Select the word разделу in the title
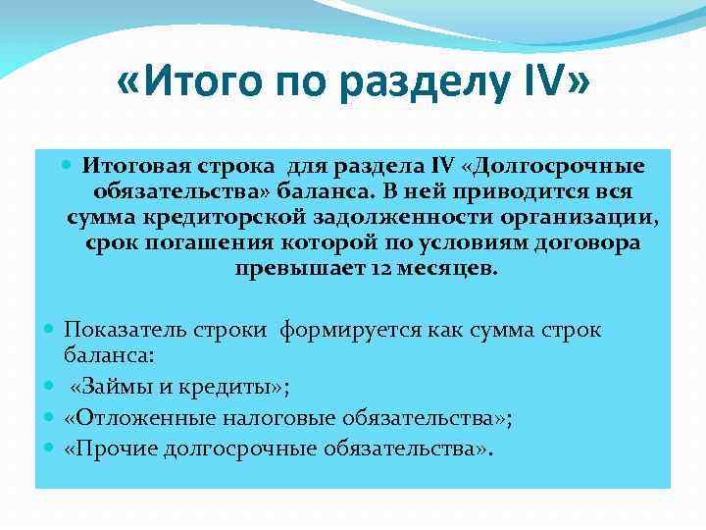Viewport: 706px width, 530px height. pyautogui.click(x=416, y=85)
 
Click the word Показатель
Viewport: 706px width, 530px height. pyautogui.click(x=122, y=331)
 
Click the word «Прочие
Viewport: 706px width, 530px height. pyautogui.click(x=109, y=449)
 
